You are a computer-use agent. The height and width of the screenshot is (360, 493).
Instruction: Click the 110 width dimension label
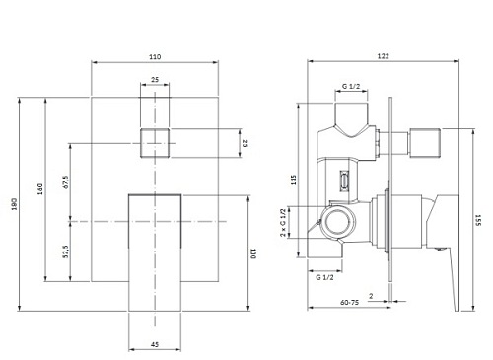point(155,57)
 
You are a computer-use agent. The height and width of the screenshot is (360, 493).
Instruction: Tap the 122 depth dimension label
point(383,56)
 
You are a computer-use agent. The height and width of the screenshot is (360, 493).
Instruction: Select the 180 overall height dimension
point(14,204)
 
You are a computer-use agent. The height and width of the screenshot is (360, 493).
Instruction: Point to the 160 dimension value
point(40,189)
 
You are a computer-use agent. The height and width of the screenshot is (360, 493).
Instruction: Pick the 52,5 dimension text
point(66,252)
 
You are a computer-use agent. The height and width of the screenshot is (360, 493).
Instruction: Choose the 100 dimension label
point(253,253)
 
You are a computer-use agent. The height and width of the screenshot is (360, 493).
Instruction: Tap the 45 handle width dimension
point(155,344)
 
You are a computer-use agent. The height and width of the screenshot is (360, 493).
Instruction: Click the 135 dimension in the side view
point(294,180)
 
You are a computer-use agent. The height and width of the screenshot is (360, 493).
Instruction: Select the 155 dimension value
point(478,220)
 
